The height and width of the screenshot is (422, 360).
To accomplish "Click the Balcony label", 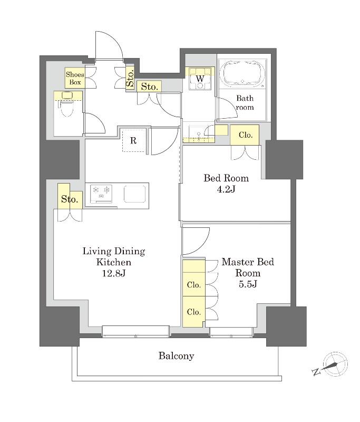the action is point(176,356).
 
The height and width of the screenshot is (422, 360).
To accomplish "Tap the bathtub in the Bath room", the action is point(242,74).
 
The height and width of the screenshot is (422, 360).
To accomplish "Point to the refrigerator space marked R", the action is point(133,140).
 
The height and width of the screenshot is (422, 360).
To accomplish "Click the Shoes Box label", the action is point(75,78).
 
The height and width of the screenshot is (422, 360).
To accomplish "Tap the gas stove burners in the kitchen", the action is point(101,193).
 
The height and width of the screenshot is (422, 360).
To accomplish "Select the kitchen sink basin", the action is point(135,193).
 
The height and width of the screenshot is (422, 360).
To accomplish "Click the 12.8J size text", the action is point(113,273).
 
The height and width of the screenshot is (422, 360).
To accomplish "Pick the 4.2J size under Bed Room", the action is point(226,189).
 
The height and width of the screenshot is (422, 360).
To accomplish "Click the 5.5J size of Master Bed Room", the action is point(248,284).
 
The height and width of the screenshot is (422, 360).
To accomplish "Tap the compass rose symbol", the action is point(335,364).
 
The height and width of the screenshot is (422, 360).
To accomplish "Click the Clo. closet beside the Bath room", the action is point(245,135).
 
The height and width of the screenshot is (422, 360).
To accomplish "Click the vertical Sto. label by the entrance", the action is point(130,79).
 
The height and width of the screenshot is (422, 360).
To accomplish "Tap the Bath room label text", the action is point(245,103).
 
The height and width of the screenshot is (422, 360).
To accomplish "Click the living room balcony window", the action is point(135,331).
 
